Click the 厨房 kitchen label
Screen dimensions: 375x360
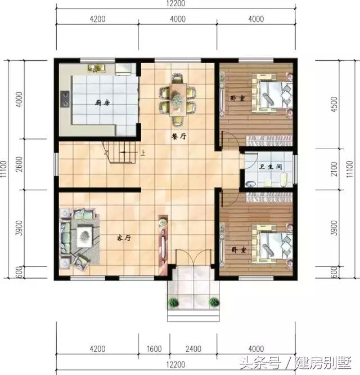pyautogui.click(x=101, y=103)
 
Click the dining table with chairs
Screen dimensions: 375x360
pyautogui.click(x=178, y=99)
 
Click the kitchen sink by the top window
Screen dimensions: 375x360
pyautogui.click(x=96, y=69)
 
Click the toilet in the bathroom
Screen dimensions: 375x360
pyautogui.click(x=284, y=180)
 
